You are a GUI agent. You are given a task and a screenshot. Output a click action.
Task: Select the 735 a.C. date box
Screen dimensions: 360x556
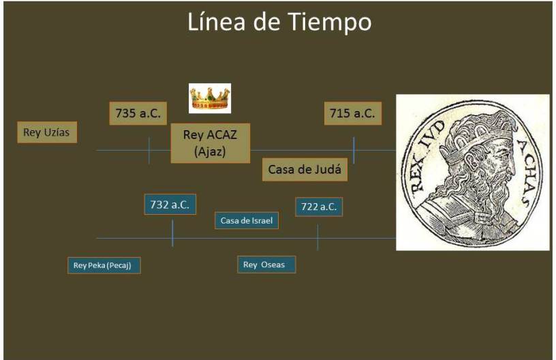pos(138,113)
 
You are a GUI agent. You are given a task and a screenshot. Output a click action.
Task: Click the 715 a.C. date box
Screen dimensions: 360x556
pos(352,113)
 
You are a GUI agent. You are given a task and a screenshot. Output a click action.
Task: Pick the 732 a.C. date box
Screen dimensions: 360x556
pos(170,205)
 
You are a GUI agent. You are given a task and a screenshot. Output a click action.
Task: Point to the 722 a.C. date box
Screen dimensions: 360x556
pos(319,207)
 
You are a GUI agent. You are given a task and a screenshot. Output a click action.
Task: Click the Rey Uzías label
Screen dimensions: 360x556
pos(47,132)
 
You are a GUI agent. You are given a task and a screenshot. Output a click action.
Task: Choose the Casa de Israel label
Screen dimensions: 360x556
pos(246,220)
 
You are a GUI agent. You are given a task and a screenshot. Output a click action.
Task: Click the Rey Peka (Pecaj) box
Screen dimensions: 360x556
pos(104,265)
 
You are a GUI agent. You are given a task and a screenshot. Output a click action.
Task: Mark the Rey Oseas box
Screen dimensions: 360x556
pos(266,265)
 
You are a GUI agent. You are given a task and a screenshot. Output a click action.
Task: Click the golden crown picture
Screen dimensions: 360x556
pos(210,98)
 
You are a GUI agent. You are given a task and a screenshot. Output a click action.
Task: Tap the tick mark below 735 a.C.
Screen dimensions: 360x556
pos(149,150)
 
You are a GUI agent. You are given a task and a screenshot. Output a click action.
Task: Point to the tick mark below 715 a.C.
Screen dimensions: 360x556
pos(354,150)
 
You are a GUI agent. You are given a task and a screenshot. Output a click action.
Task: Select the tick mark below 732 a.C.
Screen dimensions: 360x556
pos(172,233)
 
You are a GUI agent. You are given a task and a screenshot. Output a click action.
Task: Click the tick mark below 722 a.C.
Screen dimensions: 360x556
pos(318,237)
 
